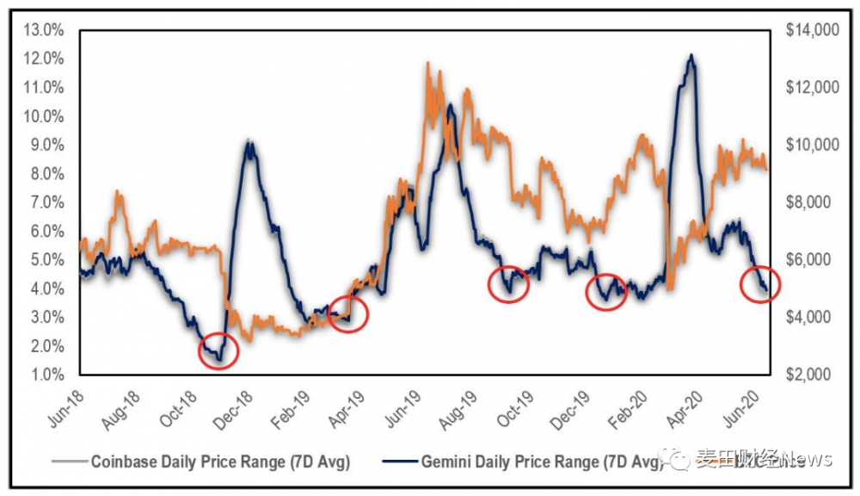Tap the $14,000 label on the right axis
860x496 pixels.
[x=813, y=30]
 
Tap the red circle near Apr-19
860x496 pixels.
[x=347, y=314]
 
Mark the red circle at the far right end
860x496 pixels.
[x=759, y=282]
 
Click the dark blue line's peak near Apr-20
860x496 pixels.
[x=691, y=56]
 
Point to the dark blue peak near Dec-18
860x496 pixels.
[x=249, y=142]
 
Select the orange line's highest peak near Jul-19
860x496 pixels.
[x=427, y=64]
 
